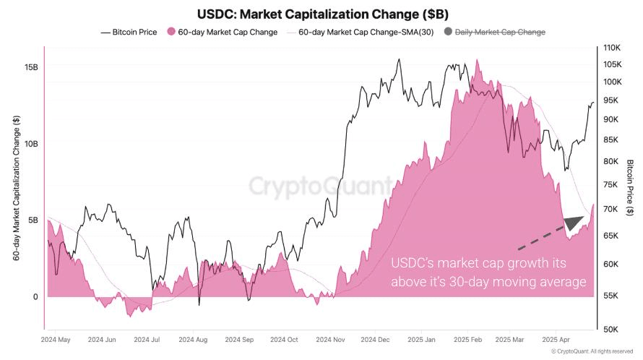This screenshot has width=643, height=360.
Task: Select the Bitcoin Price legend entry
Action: coord(129,32)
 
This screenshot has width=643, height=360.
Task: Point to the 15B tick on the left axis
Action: coord(31,67)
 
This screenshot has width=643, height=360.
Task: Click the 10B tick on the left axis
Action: coord(31,144)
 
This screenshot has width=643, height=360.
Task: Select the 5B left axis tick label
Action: coord(33,220)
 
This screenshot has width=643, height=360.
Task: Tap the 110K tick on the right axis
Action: coord(612,48)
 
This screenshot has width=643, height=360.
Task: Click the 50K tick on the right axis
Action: coord(610,330)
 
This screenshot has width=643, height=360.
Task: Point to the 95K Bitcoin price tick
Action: coord(610,100)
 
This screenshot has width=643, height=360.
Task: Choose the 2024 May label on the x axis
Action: coord(56,339)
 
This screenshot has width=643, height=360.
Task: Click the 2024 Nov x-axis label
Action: coord(329,339)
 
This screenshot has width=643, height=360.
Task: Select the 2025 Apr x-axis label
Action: coord(556,339)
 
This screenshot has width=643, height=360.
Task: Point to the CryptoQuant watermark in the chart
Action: coord(321,187)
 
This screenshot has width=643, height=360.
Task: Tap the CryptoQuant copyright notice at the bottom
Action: coord(592,352)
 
